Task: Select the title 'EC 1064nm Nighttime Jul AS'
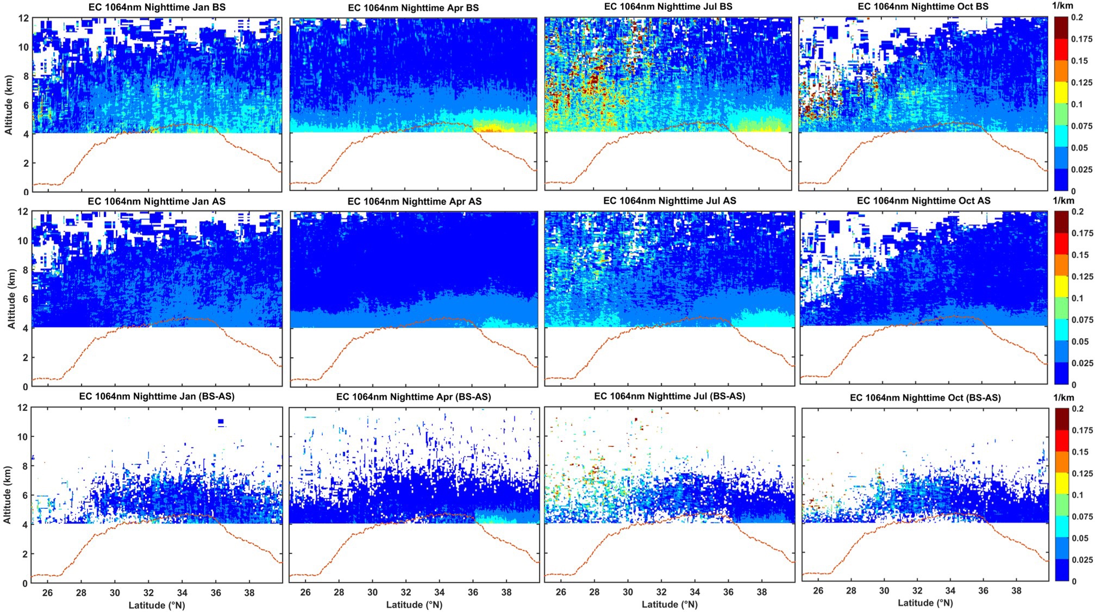coord(669,201)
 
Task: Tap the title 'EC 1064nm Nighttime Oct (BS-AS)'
coord(925,398)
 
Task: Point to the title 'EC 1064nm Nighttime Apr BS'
coord(413,8)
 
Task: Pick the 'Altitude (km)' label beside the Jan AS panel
coord(11,299)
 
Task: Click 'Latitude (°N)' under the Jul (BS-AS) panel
coord(669,604)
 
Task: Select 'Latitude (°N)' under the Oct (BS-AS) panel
coord(925,603)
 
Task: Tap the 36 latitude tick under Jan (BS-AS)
coord(216,592)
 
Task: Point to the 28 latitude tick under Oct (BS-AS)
coord(851,591)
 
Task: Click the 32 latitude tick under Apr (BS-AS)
coord(406,592)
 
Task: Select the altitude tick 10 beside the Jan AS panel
coord(23,241)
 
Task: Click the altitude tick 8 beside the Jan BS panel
coord(23,76)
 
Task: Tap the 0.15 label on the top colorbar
coord(1080,61)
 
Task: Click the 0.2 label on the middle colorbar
coord(1077,211)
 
